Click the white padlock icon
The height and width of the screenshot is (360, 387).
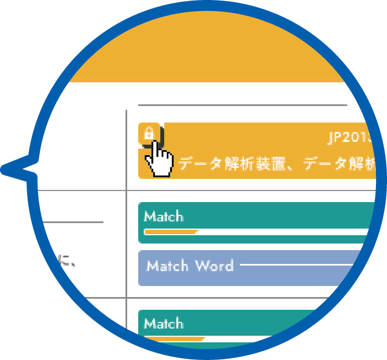pyautogui.click(x=149, y=133)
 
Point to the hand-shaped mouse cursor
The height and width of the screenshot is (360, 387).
pyautogui.click(x=160, y=160)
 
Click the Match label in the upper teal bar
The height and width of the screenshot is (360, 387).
pyautogui.click(x=164, y=216)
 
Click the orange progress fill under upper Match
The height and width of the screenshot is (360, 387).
pyautogui.click(x=170, y=232)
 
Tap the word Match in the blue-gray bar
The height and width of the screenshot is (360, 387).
pyautogui.click(x=168, y=266)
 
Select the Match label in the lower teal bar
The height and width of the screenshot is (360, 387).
pyautogui.click(x=164, y=323)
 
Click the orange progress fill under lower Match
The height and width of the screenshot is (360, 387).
pyautogui.click(x=174, y=338)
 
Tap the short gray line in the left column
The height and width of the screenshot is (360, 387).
pyautogui.click(x=72, y=222)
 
